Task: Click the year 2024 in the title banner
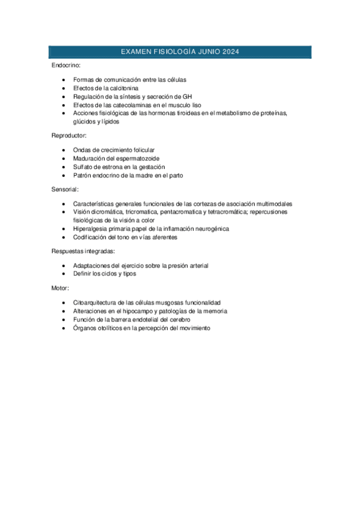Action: [229, 52]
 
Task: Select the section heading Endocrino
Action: [66, 65]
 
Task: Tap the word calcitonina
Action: [120, 88]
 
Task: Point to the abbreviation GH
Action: [187, 96]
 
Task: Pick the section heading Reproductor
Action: [69, 136]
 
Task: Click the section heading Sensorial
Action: [66, 189]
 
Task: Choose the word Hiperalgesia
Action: [91, 229]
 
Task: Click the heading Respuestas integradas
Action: [83, 251]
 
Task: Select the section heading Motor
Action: [60, 288]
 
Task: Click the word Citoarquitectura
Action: [96, 303]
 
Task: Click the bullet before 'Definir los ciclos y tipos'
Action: [64, 274]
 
